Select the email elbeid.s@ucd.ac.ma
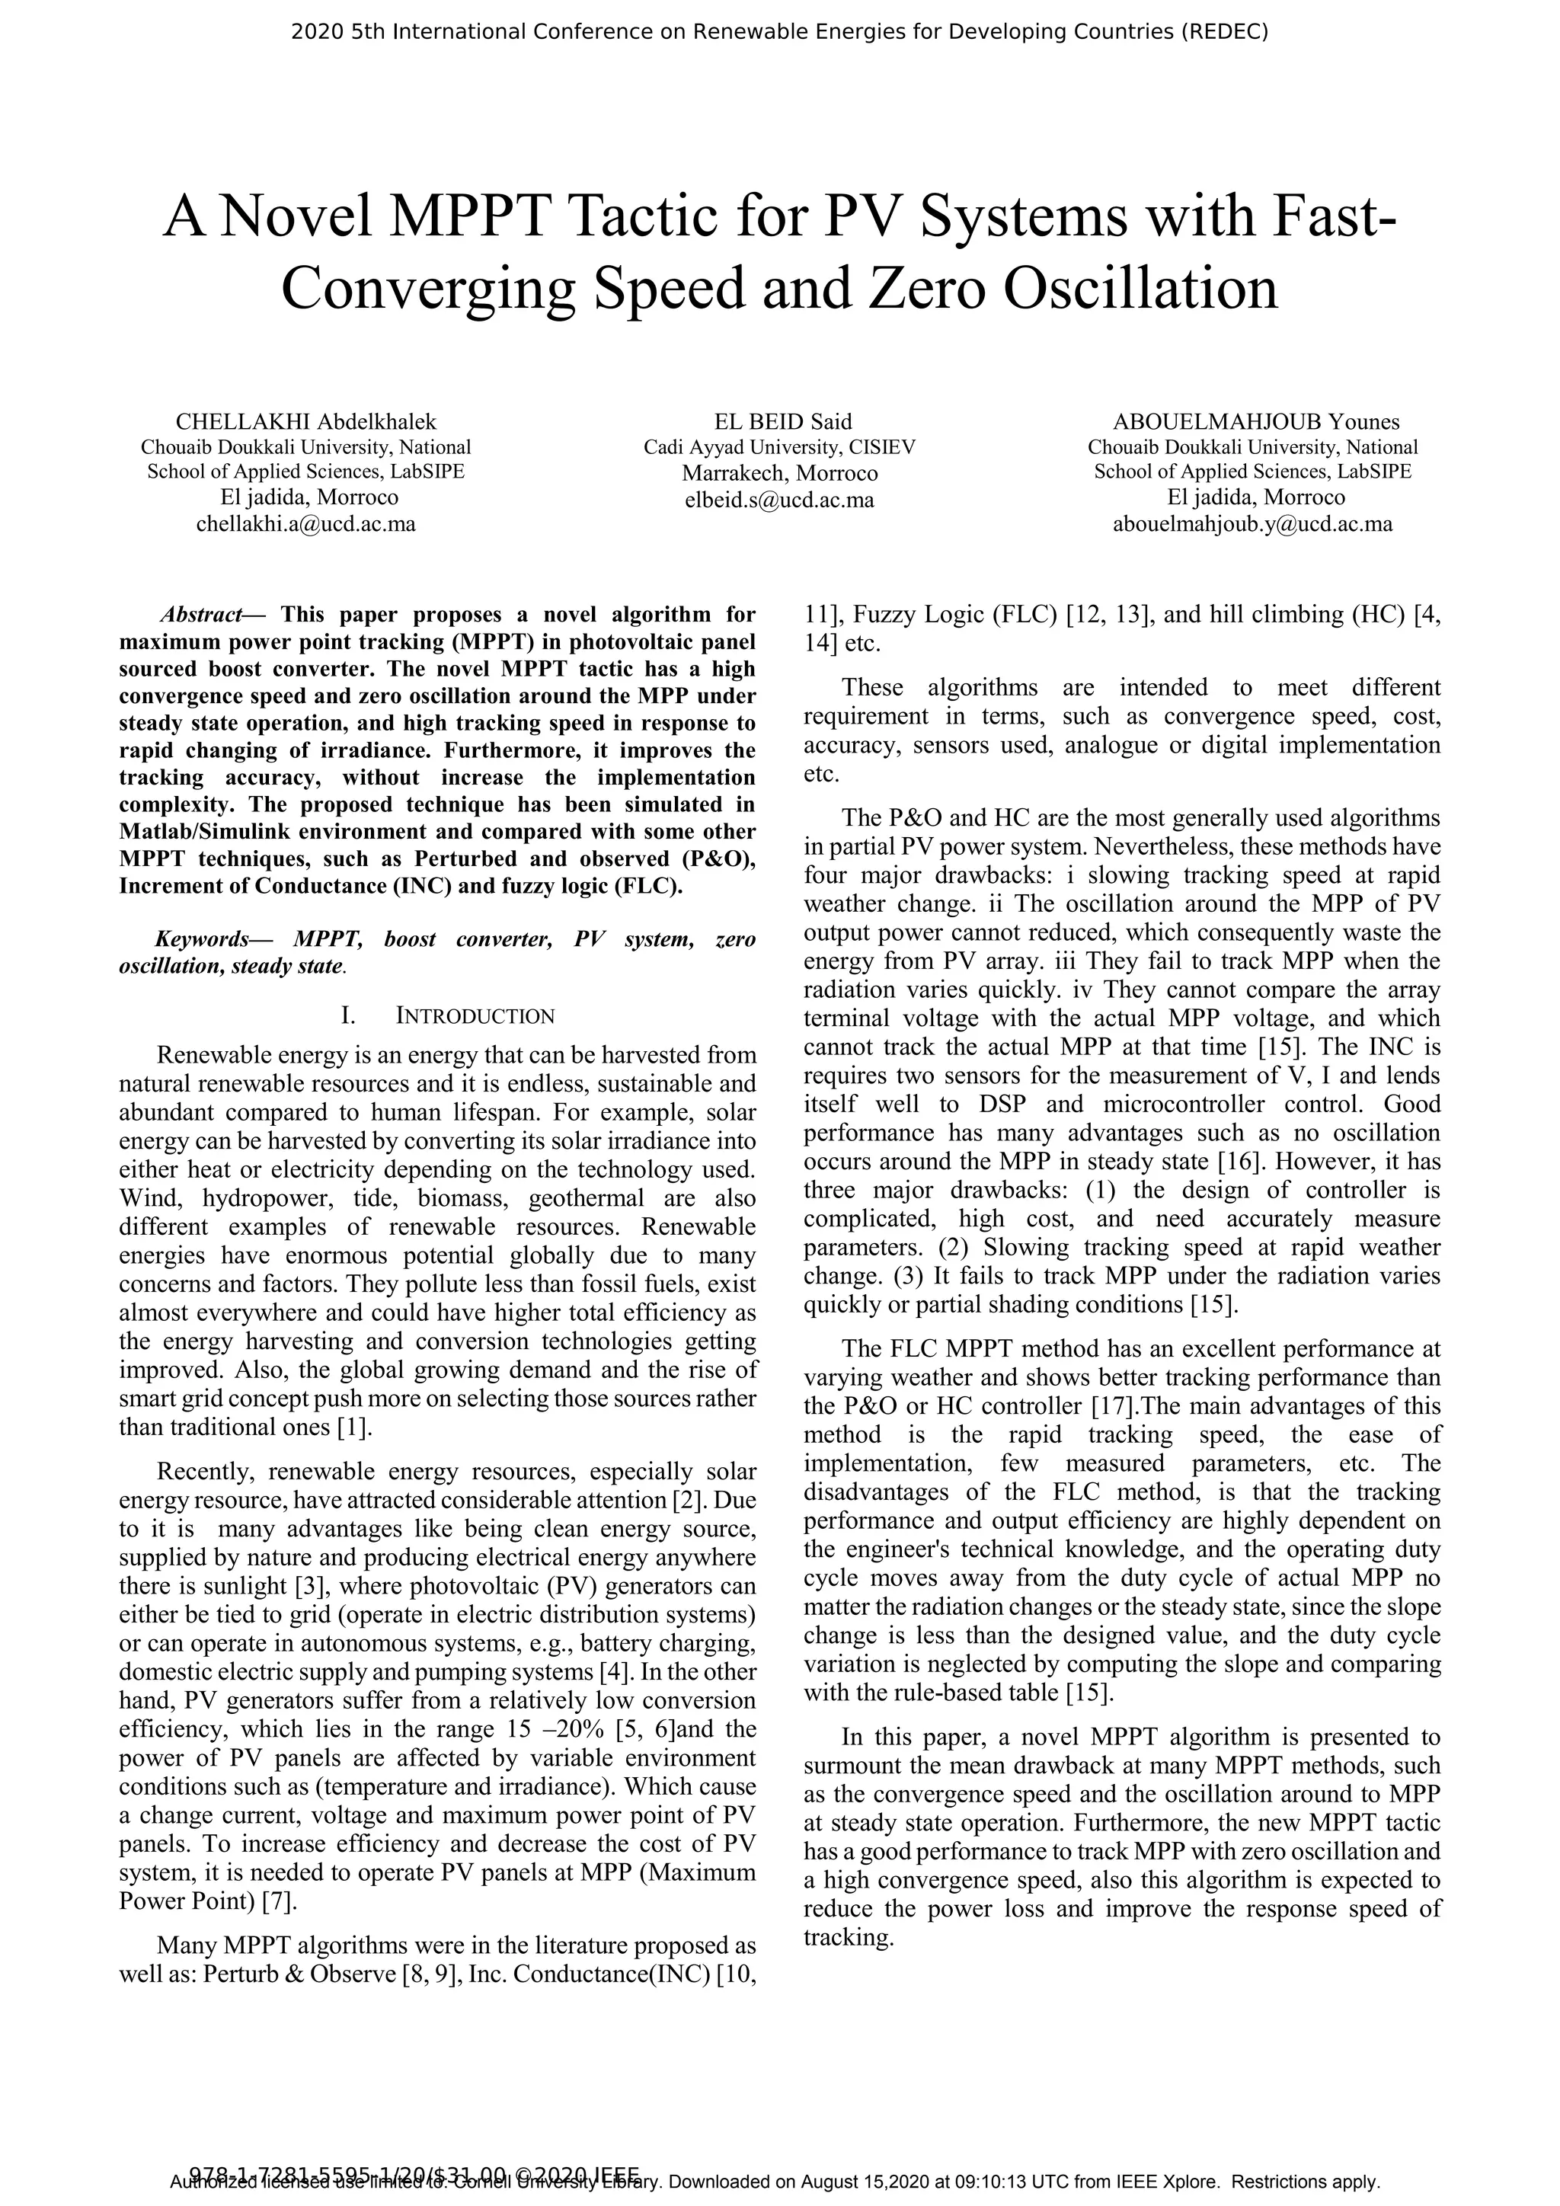[x=779, y=500]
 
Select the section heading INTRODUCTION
[x=475, y=1016]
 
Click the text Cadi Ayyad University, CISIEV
[x=779, y=447]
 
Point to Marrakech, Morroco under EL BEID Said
[x=779, y=474]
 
